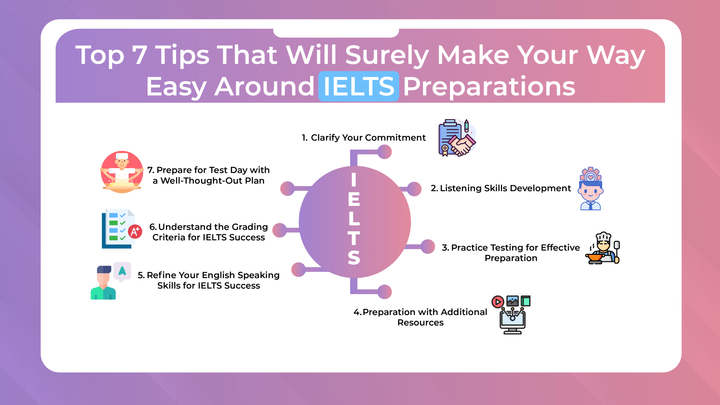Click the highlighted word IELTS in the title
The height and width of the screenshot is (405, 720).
(358, 86)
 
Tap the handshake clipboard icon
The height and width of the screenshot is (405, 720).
(457, 138)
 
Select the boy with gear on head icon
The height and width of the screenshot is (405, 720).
(591, 189)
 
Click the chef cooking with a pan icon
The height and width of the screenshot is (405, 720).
(603, 248)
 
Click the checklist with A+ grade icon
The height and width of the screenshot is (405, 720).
(121, 229)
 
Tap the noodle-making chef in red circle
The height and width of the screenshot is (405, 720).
(122, 172)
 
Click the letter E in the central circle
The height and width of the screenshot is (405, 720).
(354, 200)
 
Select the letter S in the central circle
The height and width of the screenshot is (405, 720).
(354, 258)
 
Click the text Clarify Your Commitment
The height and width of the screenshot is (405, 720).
(368, 137)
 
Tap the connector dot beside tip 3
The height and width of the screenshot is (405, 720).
(427, 246)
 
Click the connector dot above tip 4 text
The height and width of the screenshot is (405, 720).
(385, 292)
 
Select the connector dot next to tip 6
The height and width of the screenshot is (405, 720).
(280, 230)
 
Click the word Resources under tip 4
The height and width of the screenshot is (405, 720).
(420, 322)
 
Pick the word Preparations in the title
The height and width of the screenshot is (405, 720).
(489, 86)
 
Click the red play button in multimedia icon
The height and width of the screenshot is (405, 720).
(497, 302)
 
